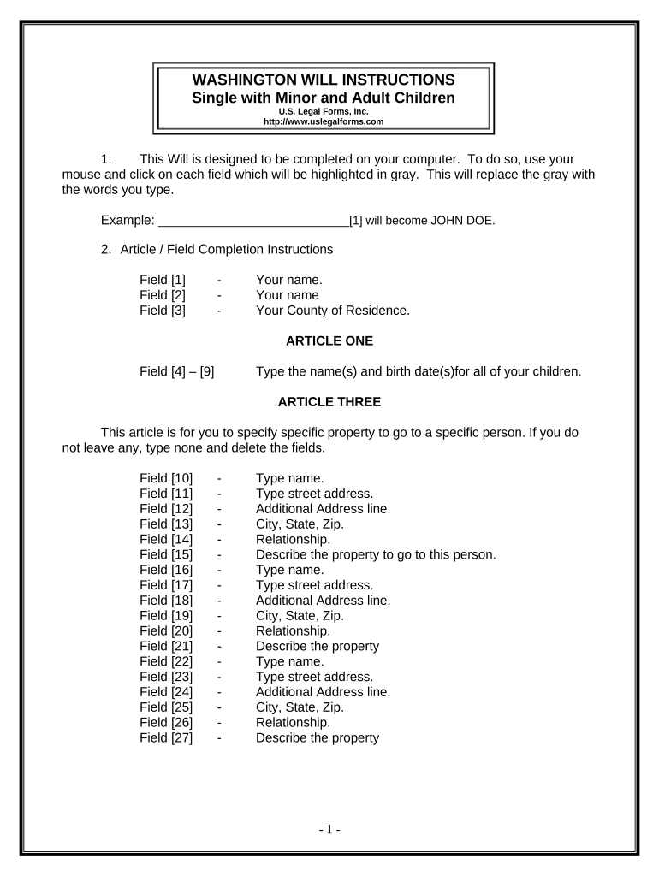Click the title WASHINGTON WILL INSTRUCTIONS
pos(323,80)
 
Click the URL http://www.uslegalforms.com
pos(323,121)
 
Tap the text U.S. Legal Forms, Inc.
pos(323,111)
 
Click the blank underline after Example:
pos(253,220)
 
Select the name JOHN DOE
pos(462,220)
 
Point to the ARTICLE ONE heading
pos(329,340)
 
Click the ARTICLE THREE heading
pos(329,402)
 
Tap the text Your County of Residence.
pos(332,311)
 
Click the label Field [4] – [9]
pos(177,371)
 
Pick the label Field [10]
pos(166,478)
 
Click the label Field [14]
pos(166,539)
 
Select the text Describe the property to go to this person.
pos(376,554)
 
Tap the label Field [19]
pos(166,615)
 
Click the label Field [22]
pos(166,661)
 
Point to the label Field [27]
pos(166,737)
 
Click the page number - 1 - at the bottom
pos(329,829)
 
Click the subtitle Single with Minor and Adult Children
pos(323,98)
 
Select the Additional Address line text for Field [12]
pos(323,508)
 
